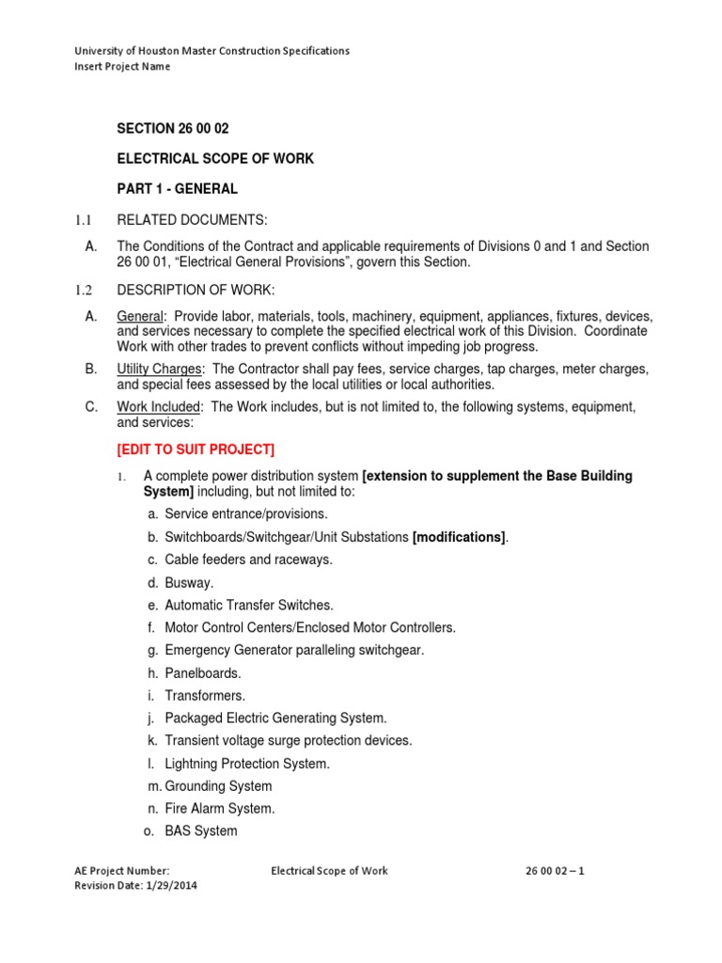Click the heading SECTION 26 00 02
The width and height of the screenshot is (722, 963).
pyautogui.click(x=172, y=129)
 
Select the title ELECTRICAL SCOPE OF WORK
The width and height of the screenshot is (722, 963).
pyautogui.click(x=214, y=159)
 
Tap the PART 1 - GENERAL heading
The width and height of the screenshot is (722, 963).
pyautogui.click(x=177, y=189)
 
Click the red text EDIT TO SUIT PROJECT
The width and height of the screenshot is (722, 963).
pyautogui.click(x=196, y=449)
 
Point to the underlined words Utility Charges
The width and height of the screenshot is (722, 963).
pyautogui.click(x=159, y=369)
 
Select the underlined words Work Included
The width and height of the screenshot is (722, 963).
pyautogui.click(x=159, y=406)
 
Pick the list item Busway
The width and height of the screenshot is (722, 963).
pyautogui.click(x=189, y=582)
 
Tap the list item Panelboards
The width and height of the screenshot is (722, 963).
pyautogui.click(x=202, y=672)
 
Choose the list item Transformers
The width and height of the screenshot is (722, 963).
pyautogui.click(x=204, y=695)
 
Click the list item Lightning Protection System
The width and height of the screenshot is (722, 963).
pyautogui.click(x=246, y=764)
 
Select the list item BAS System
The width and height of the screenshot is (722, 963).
pyautogui.click(x=200, y=830)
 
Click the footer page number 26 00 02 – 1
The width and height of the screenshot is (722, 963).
pyautogui.click(x=555, y=871)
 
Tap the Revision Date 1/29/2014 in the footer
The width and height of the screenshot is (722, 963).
pyautogui.click(x=135, y=885)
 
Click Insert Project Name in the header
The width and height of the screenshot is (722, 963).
pyautogui.click(x=122, y=67)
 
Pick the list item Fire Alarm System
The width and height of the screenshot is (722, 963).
pyautogui.click(x=219, y=808)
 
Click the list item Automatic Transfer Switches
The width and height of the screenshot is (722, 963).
pyautogui.click(x=248, y=605)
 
